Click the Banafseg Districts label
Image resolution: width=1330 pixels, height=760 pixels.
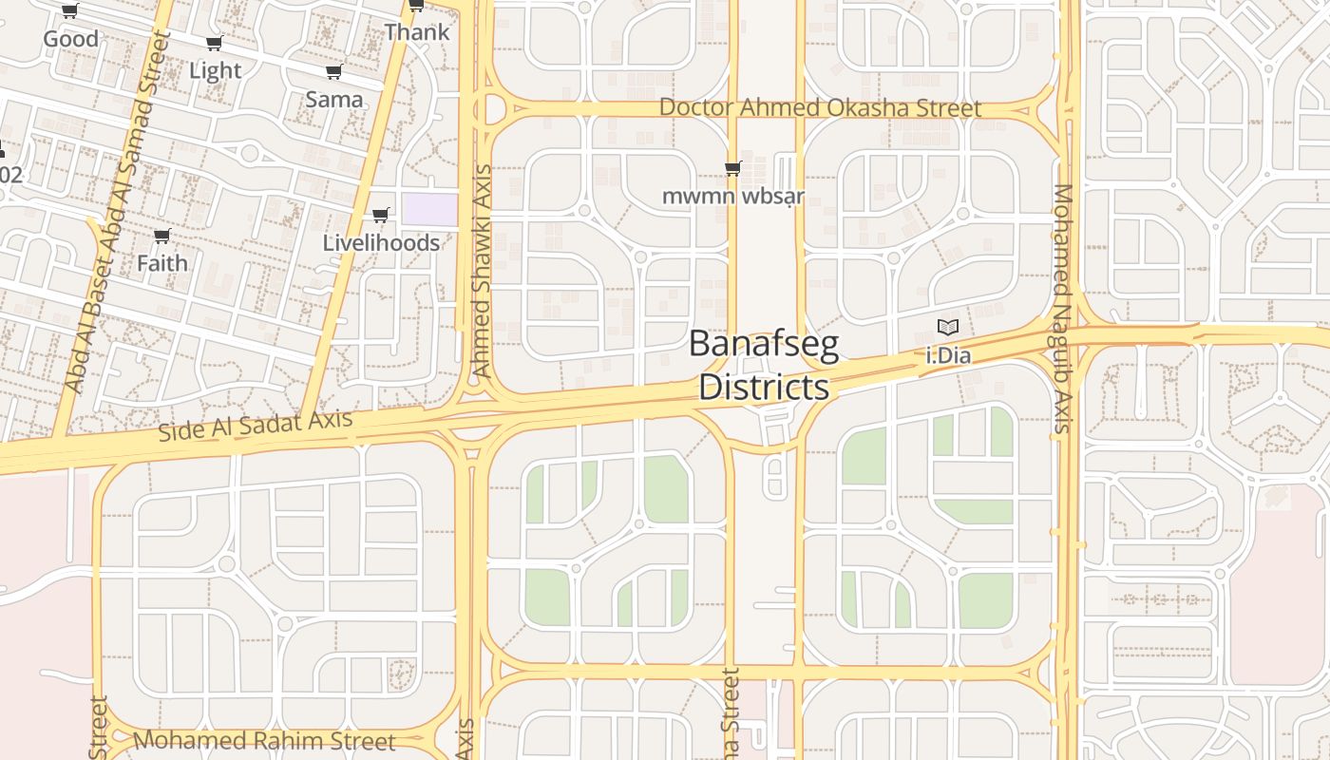pos(764,365)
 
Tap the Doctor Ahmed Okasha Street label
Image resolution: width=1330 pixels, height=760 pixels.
pos(820,107)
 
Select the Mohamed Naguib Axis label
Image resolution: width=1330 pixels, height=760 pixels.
pos(1063,308)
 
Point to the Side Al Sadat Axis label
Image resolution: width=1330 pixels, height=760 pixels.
pos(255,425)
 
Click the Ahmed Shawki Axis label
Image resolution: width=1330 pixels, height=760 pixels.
pos(482,271)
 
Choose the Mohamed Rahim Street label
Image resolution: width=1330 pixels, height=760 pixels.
pos(264,740)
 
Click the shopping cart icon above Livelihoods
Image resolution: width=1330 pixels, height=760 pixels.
pos(381,216)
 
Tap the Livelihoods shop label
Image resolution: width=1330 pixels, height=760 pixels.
pos(381,242)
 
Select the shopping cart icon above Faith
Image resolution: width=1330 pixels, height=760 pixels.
pos(161,236)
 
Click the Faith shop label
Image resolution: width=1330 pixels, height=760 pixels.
pos(161,262)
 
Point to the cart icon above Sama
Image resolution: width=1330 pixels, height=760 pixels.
pos(333,72)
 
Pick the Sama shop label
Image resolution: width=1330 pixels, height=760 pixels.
pos(333,99)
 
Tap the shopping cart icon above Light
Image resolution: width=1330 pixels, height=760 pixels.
pos(215,44)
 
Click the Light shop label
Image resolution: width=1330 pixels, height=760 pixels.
pos(215,70)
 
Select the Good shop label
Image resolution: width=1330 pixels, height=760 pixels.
pos(70,39)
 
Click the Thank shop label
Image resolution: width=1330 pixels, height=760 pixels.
pos(416,31)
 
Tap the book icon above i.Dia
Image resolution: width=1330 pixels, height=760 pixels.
pos(947,328)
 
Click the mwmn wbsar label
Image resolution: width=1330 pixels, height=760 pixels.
pos(732,197)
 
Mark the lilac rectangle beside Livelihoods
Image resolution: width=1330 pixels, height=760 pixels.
pos(428,209)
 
